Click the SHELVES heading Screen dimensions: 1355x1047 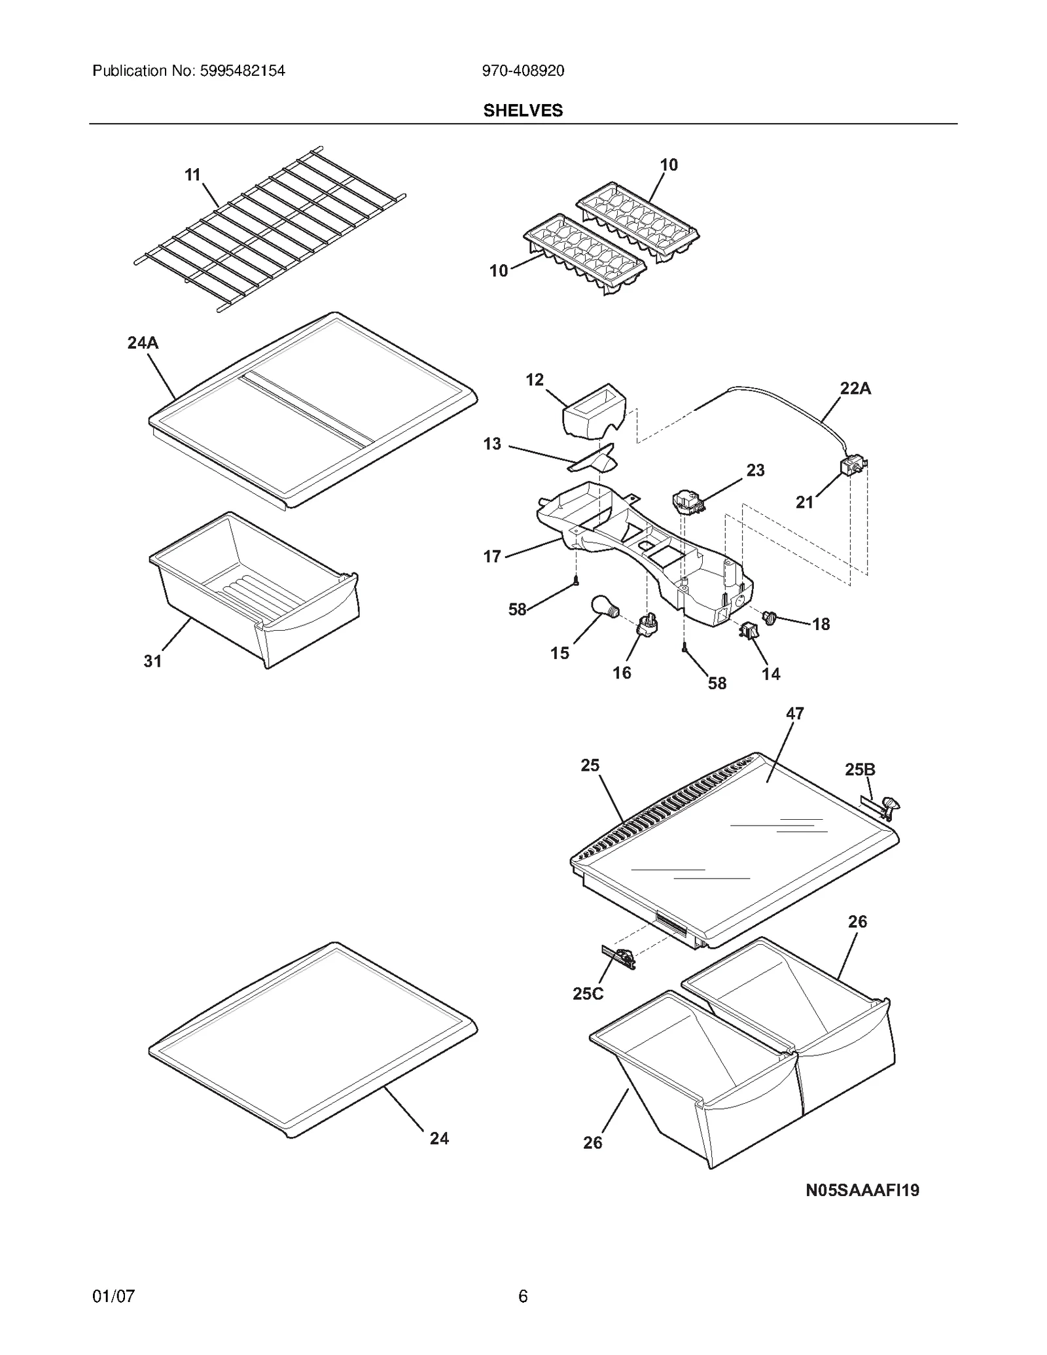point(522,111)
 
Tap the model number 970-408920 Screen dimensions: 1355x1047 point(522,71)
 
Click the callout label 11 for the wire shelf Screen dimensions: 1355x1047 point(192,175)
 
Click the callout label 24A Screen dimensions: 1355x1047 point(143,343)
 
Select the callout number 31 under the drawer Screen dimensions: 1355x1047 point(152,661)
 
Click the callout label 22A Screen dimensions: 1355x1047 point(855,388)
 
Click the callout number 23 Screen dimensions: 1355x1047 point(755,470)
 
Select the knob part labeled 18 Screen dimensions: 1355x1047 point(770,616)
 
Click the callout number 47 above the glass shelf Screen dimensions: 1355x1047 point(794,713)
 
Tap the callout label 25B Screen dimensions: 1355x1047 point(859,769)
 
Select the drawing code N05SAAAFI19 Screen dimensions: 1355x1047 point(862,1190)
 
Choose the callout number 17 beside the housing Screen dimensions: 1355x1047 point(491,556)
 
